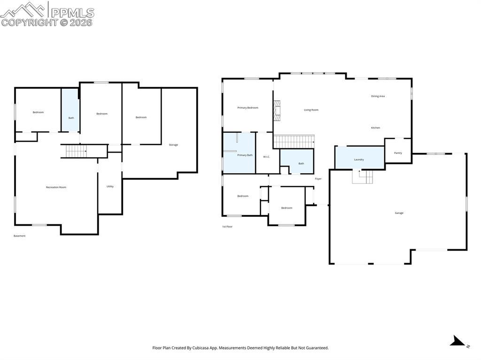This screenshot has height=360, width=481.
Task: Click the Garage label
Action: [399, 213]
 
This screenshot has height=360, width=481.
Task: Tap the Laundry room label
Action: [359, 160]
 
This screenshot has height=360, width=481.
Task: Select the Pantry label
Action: [398, 153]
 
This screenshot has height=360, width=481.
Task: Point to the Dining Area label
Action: [378, 96]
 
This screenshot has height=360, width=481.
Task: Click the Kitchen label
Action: [375, 128]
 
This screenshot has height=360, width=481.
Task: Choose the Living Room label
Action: [311, 110]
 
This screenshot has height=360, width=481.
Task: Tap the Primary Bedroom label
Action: [248, 108]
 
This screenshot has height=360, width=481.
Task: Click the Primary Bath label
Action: [245, 155]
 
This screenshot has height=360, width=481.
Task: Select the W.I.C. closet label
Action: [266, 157]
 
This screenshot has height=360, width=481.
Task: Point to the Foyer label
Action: [318, 179]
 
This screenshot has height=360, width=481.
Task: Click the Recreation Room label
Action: [56, 187]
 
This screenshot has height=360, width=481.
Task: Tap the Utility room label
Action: [110, 186]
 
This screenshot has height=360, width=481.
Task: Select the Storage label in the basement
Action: [173, 145]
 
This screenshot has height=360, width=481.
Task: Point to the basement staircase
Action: [76, 151]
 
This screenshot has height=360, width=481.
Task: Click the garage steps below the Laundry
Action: [363, 177]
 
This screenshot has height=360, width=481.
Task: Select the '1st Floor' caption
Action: [227, 227]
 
